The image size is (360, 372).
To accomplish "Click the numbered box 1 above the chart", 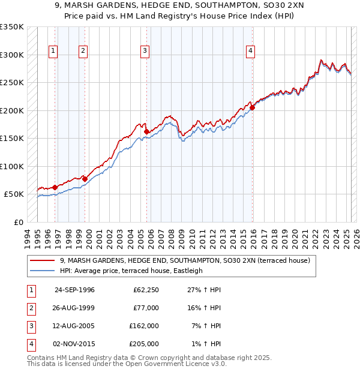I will (x=53, y=52).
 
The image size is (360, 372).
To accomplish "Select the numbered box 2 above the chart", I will (x=83, y=52).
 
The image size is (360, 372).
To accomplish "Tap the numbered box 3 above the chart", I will (x=145, y=52).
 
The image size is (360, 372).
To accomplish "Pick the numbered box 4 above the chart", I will (x=249, y=52).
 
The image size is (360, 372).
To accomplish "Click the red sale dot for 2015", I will (x=253, y=107).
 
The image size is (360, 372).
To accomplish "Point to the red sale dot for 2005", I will (x=147, y=131).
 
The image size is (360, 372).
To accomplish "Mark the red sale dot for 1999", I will (x=85, y=179).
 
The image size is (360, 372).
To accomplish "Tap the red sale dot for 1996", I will (x=55, y=187).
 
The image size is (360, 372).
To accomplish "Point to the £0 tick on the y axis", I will (x=19, y=222).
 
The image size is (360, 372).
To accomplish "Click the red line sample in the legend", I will (x=43, y=260).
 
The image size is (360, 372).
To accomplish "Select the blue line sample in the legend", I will (x=43, y=271).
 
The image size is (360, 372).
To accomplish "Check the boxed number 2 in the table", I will (x=31, y=308).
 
